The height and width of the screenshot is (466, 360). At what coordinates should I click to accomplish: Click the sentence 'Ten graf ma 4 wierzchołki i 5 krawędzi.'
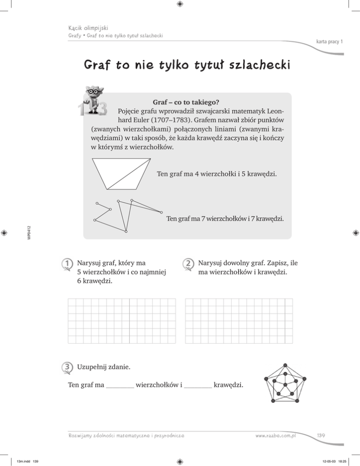(217, 175)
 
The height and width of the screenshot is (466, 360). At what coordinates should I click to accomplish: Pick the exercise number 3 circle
(68, 367)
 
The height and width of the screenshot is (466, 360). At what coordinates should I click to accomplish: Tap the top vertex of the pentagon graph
(285, 364)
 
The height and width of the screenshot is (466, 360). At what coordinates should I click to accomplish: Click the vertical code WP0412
(29, 233)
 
